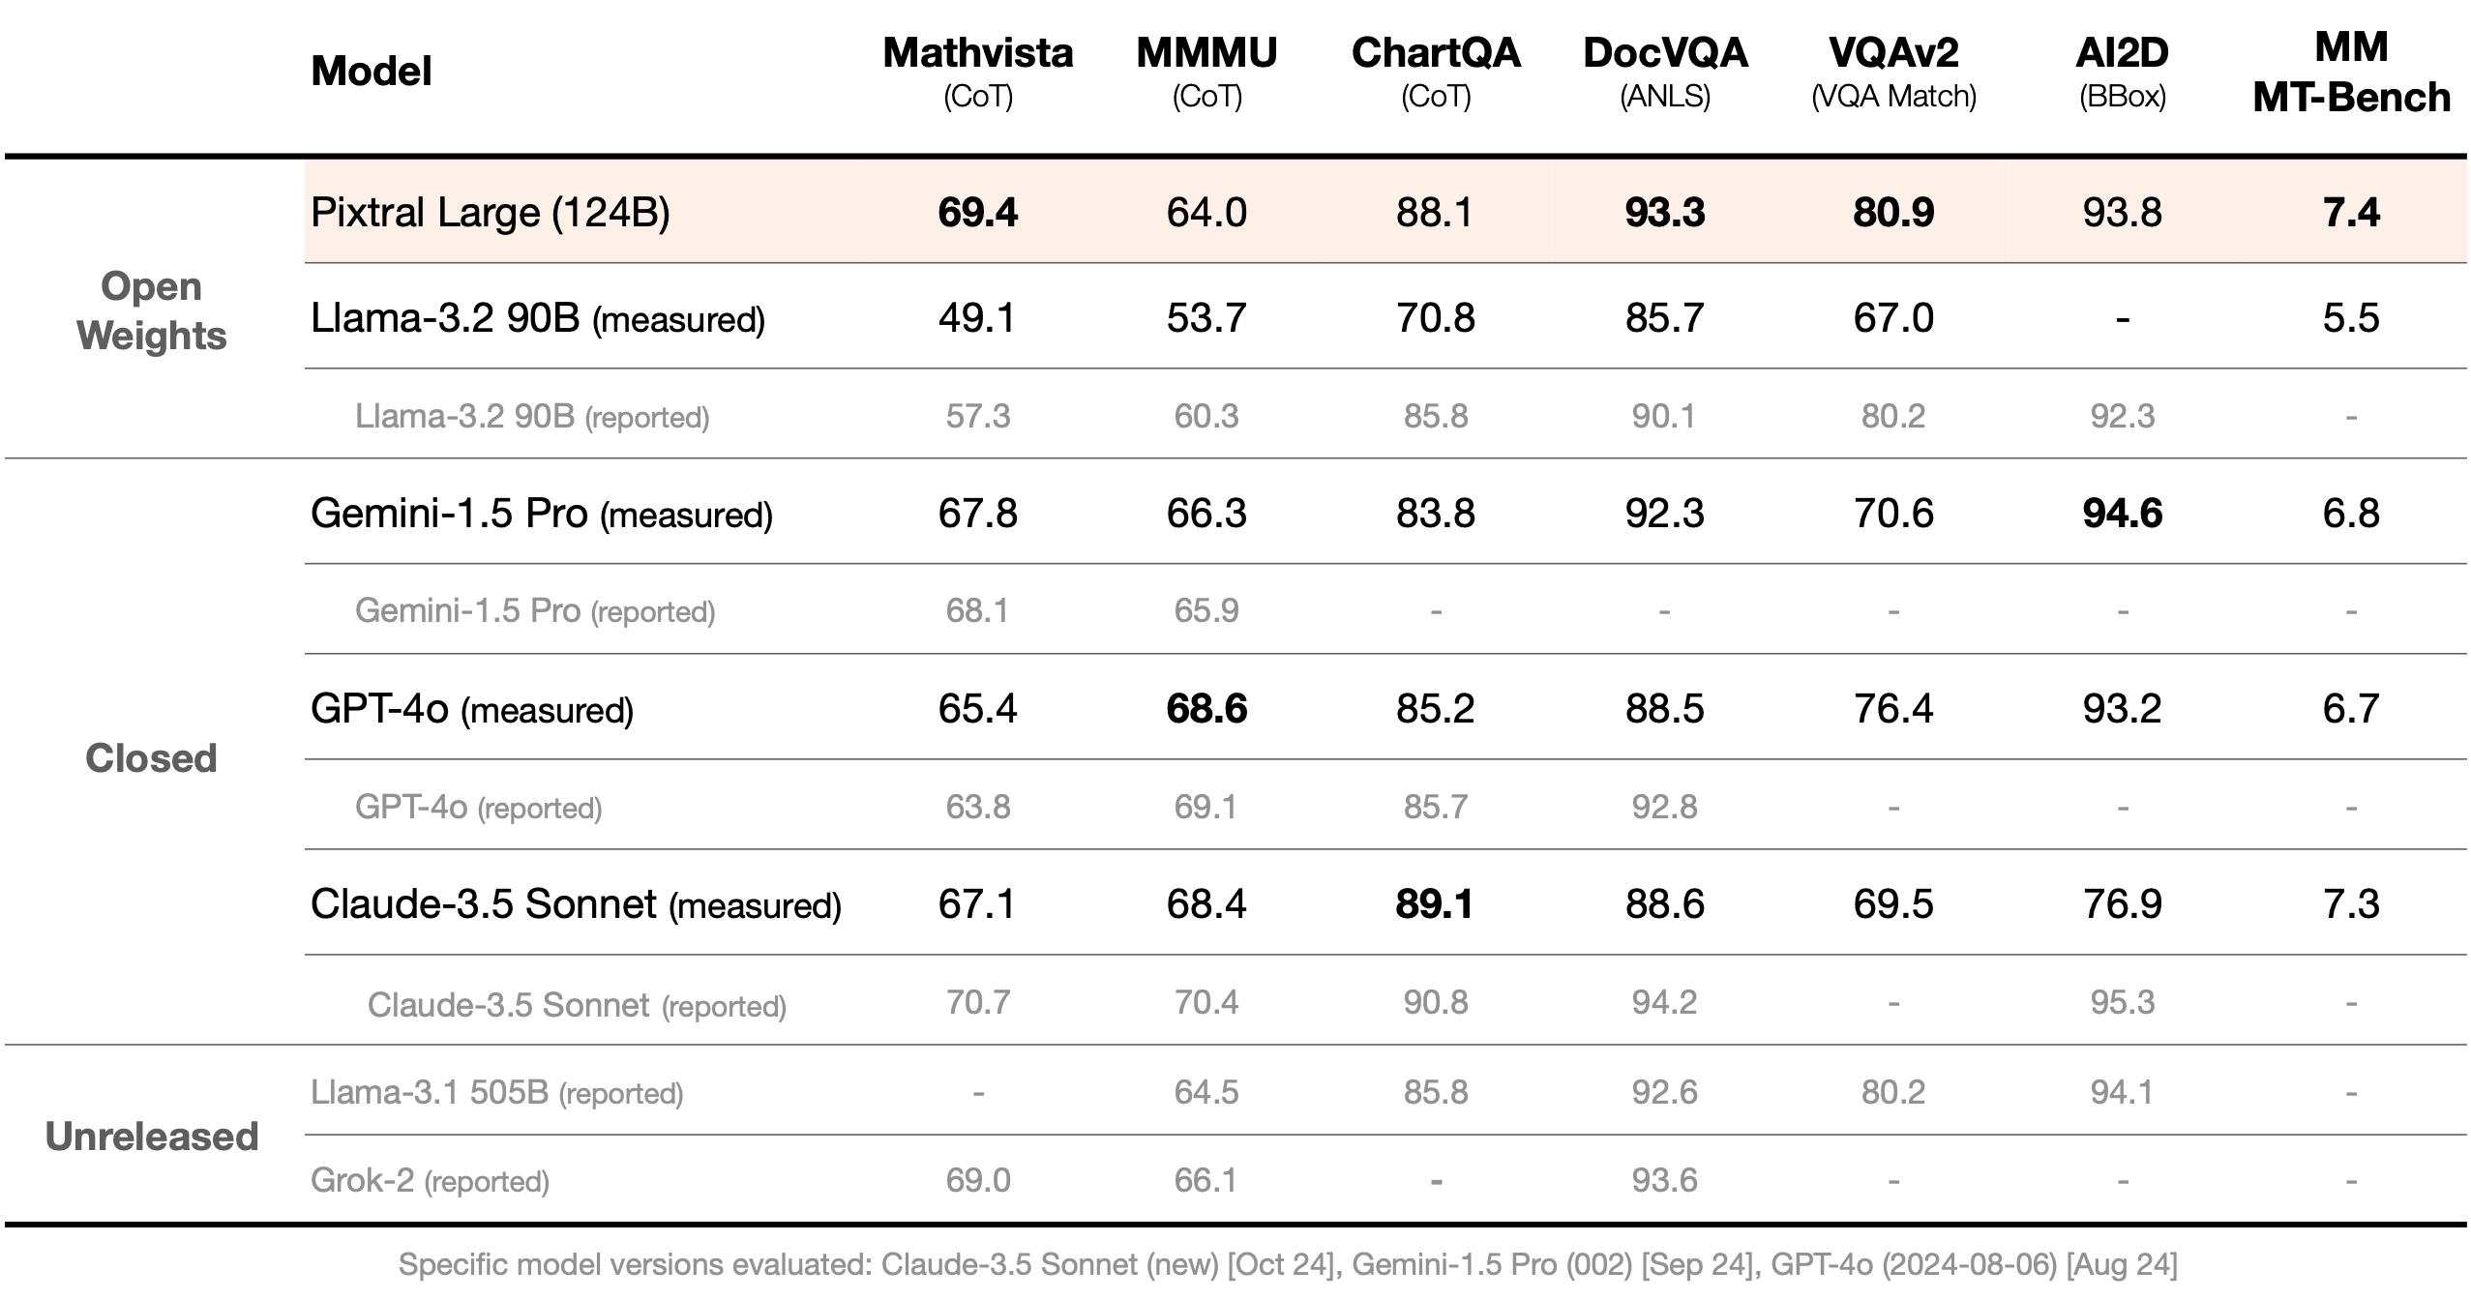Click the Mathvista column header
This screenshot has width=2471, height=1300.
coord(977,68)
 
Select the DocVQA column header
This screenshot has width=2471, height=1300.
coord(1664,68)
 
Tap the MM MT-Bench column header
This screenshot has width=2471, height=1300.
coord(2350,73)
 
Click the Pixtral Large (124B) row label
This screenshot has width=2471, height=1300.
coord(490,212)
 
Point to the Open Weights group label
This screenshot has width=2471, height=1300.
coord(151,310)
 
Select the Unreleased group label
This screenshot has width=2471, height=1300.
coord(152,1136)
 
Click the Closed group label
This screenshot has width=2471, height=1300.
coord(151,757)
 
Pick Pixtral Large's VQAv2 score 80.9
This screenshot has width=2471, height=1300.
coord(1892,212)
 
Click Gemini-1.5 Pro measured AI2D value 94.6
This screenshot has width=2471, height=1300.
coord(2122,513)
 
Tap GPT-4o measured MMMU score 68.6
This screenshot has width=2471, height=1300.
coord(1206,708)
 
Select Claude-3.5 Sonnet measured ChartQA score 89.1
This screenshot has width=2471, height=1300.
coord(1435,903)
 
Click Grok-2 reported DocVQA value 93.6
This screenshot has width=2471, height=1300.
coord(1664,1179)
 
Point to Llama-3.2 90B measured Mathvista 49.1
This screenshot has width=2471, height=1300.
coord(977,317)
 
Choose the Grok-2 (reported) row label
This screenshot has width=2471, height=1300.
coord(430,1180)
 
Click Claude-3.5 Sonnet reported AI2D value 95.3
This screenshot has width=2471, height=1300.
coord(2122,1001)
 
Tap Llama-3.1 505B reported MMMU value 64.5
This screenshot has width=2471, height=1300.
coord(1206,1091)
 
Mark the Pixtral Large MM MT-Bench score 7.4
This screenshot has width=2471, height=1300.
coord(2350,212)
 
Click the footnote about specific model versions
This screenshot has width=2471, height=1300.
coord(1287,1264)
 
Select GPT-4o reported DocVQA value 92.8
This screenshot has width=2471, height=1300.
coord(1664,806)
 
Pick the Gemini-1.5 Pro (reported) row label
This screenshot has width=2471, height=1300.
coord(534,610)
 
